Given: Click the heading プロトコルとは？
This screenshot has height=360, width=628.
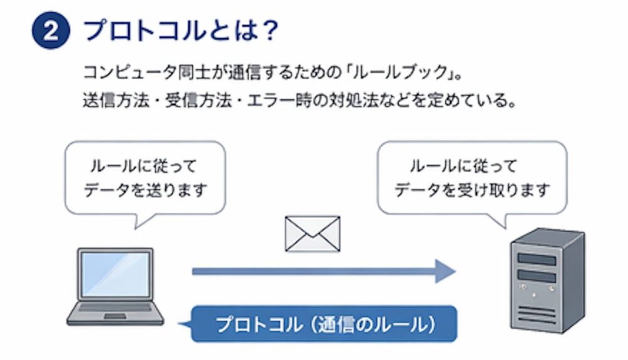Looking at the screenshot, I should pos(181,31).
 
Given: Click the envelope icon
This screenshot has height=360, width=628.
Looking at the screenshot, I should pos(312,233).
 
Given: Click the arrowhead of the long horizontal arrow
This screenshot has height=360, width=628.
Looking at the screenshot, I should pos(445,271).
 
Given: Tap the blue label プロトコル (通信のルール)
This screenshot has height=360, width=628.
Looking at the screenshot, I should pos(325,324).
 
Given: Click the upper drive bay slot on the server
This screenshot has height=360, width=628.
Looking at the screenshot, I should pos(537,259).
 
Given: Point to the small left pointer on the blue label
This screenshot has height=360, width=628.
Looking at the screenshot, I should pos(185,324).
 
